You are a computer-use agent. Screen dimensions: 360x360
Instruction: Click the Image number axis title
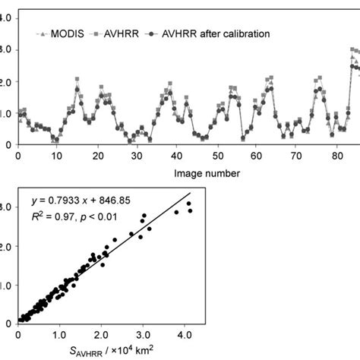click(x=206, y=172)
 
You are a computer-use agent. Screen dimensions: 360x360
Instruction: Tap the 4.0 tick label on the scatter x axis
click(x=183, y=332)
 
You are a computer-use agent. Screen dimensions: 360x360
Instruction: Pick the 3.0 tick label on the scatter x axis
click(x=142, y=332)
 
